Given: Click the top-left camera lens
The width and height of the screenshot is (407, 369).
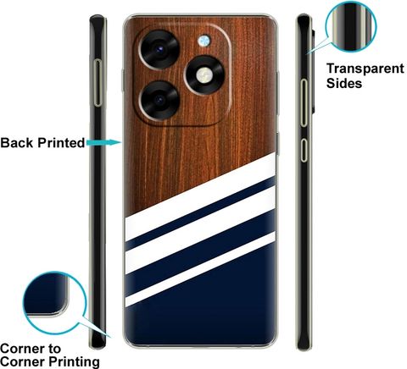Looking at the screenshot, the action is (160, 49).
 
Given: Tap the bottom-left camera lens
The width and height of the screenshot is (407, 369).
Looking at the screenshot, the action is (160, 101).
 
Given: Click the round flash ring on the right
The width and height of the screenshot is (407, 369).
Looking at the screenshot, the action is (204, 75).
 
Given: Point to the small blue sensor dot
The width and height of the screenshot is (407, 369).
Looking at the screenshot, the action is (203, 41).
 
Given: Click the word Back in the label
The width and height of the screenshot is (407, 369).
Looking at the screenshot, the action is (17, 143).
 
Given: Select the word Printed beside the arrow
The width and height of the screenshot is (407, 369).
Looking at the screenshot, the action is (61, 143).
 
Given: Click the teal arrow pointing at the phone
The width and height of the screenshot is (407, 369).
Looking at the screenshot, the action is (104, 143).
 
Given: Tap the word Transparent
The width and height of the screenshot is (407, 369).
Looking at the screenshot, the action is (365, 69).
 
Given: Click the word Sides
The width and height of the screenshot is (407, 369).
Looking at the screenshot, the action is (344, 83).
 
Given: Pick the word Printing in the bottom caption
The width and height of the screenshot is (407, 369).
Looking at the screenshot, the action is (75, 361).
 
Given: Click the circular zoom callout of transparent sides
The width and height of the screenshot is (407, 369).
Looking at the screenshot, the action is (351, 26).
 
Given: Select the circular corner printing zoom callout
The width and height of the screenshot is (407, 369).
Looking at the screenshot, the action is (54, 303).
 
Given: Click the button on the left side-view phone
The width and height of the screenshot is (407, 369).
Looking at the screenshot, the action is (98, 83).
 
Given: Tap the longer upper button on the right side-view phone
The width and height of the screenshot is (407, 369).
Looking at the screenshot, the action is (304, 102).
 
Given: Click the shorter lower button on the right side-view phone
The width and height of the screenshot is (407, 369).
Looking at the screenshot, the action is (304, 151).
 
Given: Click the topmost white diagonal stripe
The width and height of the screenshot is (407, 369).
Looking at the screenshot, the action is (200, 197).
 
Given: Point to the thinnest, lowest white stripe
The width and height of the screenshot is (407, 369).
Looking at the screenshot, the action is (200, 269).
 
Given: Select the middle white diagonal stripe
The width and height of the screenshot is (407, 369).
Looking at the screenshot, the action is (200, 230).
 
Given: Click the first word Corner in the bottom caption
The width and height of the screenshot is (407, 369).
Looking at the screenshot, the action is (31, 349).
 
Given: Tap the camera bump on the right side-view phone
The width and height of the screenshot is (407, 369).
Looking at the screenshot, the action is (314, 70).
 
